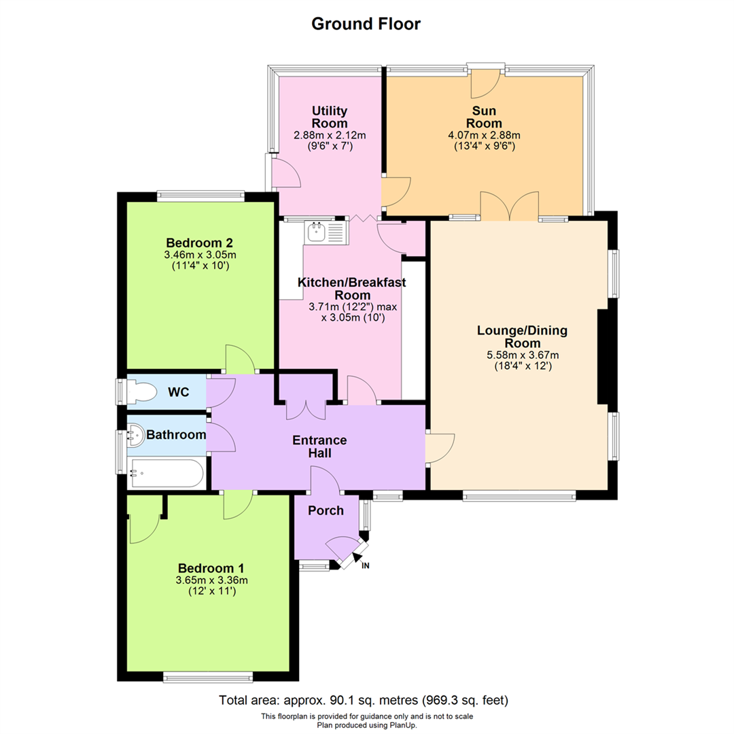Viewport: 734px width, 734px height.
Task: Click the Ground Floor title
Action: tap(366, 24)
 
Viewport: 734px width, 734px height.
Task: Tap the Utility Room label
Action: tap(330, 117)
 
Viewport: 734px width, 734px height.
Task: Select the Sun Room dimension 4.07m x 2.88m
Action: tap(484, 135)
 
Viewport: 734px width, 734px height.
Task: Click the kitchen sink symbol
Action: tap(326, 232)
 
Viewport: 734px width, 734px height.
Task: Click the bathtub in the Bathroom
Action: tap(167, 473)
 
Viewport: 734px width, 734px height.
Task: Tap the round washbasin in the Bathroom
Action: tap(136, 436)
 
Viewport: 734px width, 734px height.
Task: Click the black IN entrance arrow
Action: tap(357, 557)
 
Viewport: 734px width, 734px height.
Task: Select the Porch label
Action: tap(326, 510)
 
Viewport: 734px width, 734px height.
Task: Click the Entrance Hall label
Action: tap(319, 447)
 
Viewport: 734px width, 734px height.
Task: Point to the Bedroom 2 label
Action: tap(199, 243)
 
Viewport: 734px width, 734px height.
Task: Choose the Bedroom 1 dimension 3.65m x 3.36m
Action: tap(211, 580)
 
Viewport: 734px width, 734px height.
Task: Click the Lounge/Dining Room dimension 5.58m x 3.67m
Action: tap(523, 355)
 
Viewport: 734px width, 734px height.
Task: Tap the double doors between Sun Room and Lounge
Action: tap(509, 206)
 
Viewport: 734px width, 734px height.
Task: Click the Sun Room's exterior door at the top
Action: tap(486, 84)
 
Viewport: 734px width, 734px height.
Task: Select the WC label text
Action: tap(178, 392)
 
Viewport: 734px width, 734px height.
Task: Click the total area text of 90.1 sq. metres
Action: tap(364, 700)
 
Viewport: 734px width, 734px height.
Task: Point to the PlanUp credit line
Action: tap(366, 725)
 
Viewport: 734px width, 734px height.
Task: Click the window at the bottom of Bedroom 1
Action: tap(208, 677)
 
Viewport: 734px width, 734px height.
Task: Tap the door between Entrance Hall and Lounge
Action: tap(440, 448)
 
